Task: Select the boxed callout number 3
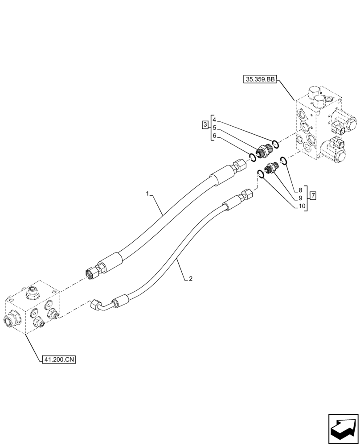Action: tap(205, 124)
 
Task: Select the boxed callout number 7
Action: tap(313, 195)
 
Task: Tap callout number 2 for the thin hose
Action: tap(190, 279)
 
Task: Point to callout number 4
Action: tap(214, 120)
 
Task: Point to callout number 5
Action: tap(214, 128)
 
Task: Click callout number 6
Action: tap(214, 136)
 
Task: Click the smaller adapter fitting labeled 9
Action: tap(271, 168)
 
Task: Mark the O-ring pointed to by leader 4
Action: tap(276, 143)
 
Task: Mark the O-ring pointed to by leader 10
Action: tap(261, 174)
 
